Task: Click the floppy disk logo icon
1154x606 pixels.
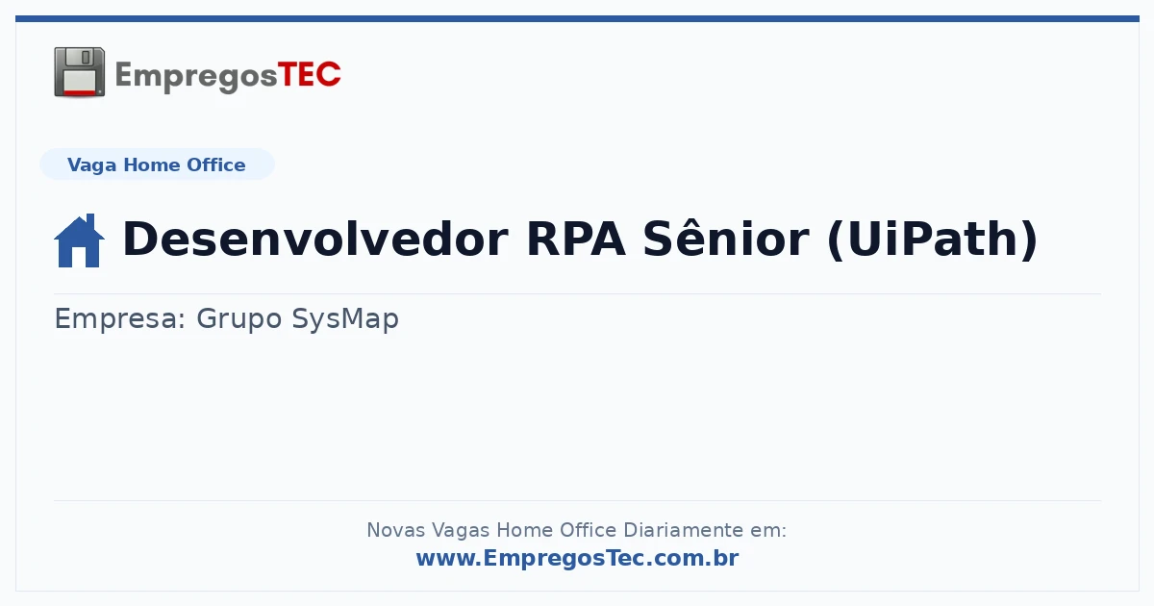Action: [x=79, y=72]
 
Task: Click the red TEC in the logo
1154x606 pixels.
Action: [x=309, y=75]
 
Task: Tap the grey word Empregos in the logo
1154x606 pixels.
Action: [x=196, y=77]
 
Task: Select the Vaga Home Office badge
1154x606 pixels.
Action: [x=157, y=164]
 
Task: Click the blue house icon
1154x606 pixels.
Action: [x=79, y=240]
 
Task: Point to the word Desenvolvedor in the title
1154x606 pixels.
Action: [x=315, y=239]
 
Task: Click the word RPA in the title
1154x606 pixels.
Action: [x=576, y=240]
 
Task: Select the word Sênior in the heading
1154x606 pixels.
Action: [x=726, y=239]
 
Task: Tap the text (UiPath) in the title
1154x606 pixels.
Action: [x=932, y=240]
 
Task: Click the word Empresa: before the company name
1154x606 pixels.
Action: [x=119, y=319]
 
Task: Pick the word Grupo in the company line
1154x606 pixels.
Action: [x=239, y=319]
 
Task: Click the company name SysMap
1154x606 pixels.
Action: [x=345, y=319]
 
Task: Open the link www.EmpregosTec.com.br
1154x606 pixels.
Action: [x=578, y=558]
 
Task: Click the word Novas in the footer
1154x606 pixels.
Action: [x=395, y=530]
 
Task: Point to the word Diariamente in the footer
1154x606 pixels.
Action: [x=684, y=530]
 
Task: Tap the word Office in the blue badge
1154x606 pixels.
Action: [x=215, y=164]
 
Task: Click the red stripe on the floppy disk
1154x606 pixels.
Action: [x=79, y=92]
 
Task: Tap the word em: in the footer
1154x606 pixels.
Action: [x=768, y=531]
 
